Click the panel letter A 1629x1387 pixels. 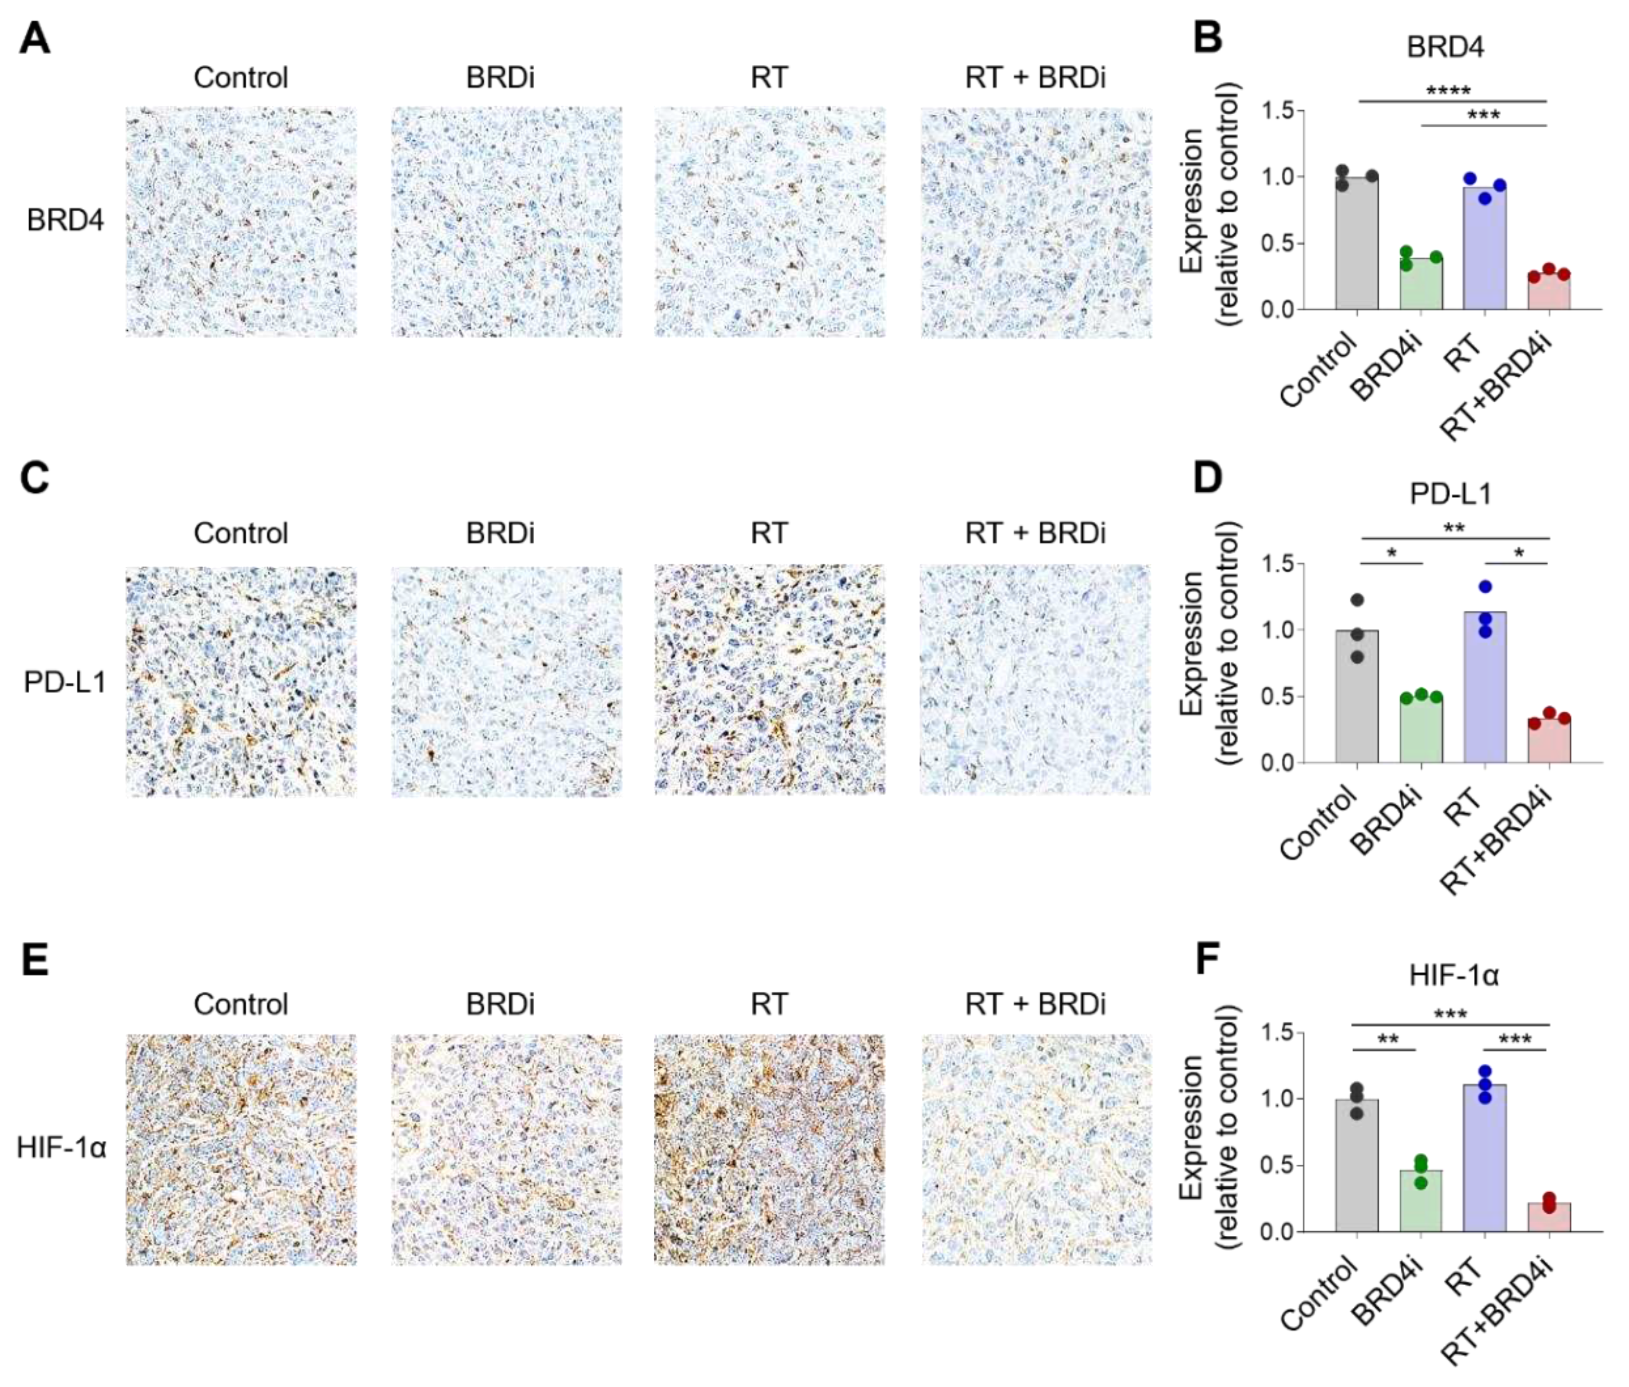[x=35, y=38]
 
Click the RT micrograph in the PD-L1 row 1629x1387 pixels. [x=769, y=680]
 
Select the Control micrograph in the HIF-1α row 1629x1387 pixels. [x=241, y=1150]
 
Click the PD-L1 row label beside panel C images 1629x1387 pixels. [x=64, y=682]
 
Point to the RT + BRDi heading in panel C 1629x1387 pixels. [x=1035, y=533]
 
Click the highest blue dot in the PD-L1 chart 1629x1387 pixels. [x=1484, y=586]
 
